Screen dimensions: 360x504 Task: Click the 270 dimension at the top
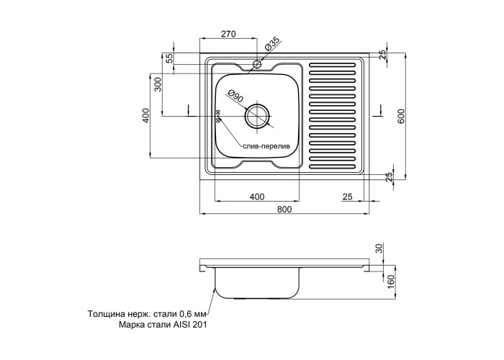(228, 33)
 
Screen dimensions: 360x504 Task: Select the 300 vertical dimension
(158, 87)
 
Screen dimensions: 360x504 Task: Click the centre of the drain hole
(258, 114)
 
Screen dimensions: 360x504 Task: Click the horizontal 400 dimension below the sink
(257, 197)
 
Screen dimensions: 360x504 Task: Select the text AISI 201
(189, 325)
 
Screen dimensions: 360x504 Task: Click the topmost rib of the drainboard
(333, 66)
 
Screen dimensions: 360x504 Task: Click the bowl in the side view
(257, 282)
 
